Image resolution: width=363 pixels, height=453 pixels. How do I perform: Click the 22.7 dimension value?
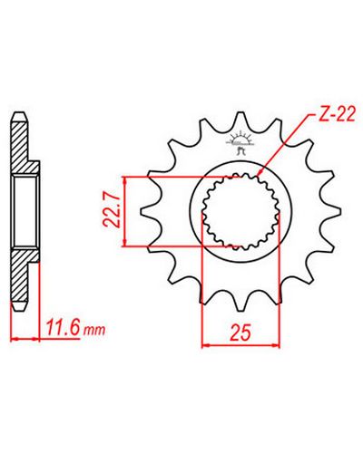click(111, 210)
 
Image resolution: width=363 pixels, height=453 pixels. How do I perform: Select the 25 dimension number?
click(241, 333)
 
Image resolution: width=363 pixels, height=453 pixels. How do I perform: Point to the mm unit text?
click(94, 331)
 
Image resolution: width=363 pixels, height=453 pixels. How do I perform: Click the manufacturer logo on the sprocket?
click(240, 143)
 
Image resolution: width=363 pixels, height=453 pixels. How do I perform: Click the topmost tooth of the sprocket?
click(240, 120)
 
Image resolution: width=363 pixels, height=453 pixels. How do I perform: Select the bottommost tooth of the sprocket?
click(240, 302)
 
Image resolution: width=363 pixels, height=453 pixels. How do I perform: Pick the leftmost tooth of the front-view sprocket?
click(148, 210)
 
